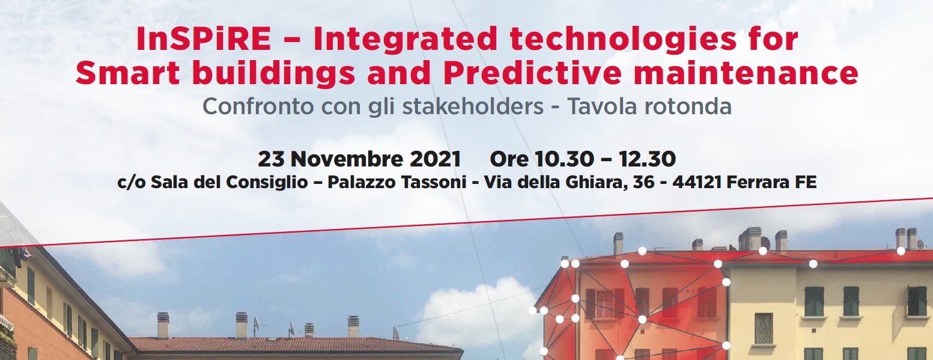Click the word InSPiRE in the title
coord(204,39)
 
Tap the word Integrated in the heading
coord(406,39)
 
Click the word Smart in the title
coord(127,73)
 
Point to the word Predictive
coord(532,73)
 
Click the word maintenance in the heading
coord(746,73)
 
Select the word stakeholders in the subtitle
coord(473,106)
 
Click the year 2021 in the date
coord(436,159)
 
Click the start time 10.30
coord(564,159)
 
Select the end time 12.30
coord(647,159)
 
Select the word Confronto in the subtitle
coord(258,106)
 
